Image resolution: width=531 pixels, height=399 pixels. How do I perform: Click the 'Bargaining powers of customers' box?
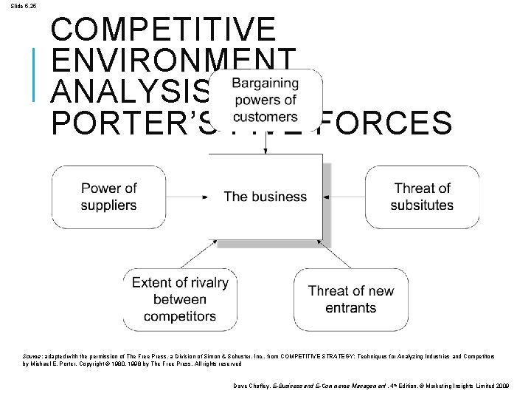[265, 99]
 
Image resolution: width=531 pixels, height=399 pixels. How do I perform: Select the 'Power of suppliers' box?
[108, 197]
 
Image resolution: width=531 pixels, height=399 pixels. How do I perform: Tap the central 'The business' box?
[265, 197]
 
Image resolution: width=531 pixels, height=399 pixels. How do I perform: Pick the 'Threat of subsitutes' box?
[422, 197]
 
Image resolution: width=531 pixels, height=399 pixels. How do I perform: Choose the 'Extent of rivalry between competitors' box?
[180, 299]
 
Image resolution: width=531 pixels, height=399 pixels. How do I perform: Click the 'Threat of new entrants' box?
[351, 299]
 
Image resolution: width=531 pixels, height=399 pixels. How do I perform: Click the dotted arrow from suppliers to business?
[187, 197]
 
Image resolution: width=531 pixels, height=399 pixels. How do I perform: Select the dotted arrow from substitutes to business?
[344, 197]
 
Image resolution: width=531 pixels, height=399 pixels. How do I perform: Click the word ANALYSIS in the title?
[129, 92]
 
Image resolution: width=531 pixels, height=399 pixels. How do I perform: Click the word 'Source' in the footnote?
[32, 356]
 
